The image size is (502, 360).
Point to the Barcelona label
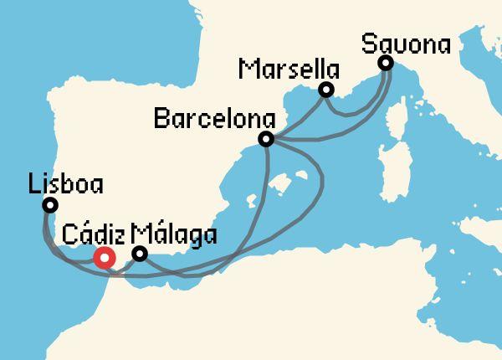pyautogui.click(x=204, y=118)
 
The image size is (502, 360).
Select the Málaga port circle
pyautogui.click(x=141, y=253)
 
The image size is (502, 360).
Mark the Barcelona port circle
pyautogui.click(x=266, y=139)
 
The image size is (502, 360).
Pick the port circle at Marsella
pyautogui.click(x=326, y=90)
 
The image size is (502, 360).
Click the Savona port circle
pyautogui.click(x=385, y=63)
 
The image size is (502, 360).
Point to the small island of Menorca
pyautogui.click(x=305, y=172)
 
